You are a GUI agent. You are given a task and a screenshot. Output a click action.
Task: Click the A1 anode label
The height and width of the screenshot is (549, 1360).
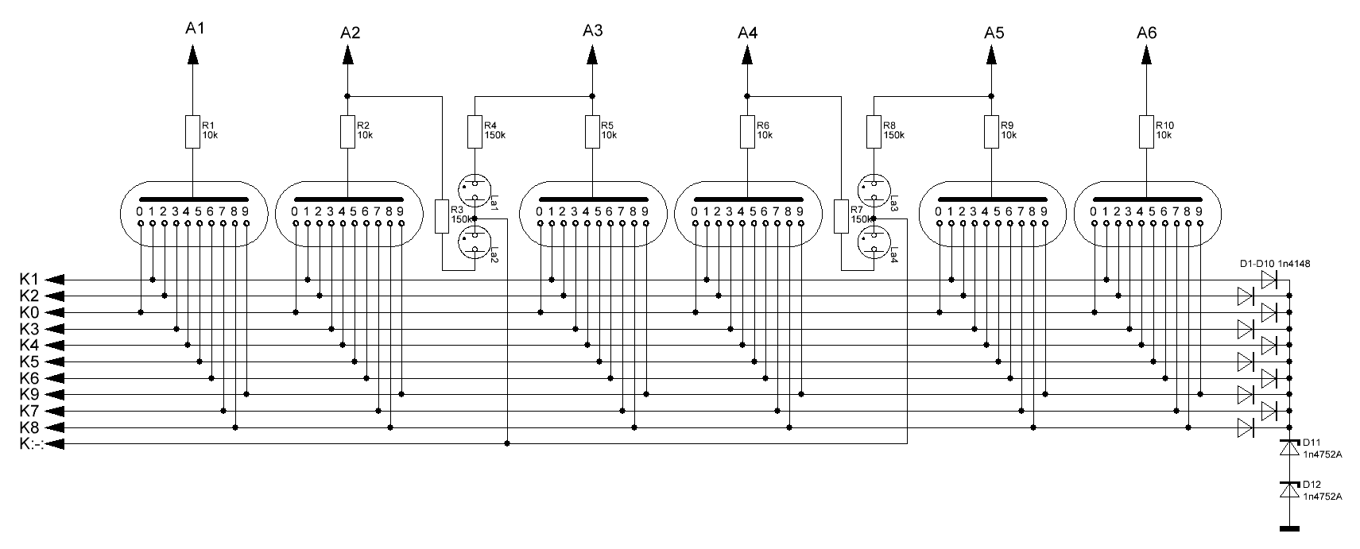(195, 29)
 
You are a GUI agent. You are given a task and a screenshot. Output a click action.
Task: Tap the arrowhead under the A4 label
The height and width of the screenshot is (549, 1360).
(746, 56)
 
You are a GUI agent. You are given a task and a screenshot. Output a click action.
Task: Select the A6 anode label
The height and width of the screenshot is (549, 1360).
(1146, 33)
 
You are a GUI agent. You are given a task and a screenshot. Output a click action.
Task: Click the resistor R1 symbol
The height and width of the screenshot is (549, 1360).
(192, 132)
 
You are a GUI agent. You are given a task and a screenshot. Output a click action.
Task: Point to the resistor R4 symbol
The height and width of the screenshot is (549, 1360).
(475, 132)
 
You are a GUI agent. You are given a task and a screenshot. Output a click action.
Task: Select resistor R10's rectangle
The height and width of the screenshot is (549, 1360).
(1146, 132)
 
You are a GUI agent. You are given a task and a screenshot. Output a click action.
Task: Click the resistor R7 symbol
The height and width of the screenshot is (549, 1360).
(841, 216)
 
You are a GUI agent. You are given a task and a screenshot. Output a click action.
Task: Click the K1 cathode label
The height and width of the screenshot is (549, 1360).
(29, 280)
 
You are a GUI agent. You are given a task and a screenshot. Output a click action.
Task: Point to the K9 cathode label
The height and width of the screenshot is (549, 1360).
(29, 395)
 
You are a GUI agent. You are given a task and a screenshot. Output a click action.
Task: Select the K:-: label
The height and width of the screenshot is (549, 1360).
(31, 444)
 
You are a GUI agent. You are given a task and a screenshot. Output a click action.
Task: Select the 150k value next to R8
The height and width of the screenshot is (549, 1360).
(893, 136)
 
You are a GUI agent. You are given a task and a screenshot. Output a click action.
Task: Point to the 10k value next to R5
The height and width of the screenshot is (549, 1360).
(608, 136)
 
